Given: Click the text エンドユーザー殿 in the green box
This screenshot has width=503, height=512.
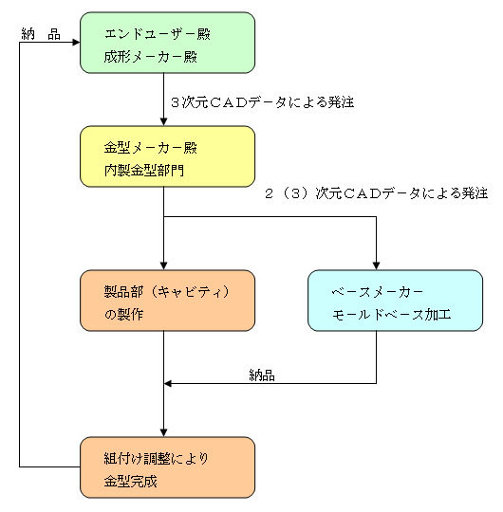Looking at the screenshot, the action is point(158,34).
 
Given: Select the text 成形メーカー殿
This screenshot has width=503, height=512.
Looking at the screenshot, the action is point(151,57).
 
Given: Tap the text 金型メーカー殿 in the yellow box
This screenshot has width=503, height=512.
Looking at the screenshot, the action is point(151,148).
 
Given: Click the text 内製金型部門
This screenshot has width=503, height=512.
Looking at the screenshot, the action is point(144,170).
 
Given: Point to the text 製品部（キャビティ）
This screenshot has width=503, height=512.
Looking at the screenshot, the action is point(167,292).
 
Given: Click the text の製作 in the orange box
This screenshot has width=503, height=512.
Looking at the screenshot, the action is point(124,314).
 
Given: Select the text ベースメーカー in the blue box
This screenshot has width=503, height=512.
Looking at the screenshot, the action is point(377,292).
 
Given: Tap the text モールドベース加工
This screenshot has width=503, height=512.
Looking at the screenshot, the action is point(391,315).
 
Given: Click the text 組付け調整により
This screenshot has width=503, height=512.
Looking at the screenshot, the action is point(157,459).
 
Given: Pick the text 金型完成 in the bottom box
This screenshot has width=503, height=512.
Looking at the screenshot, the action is point(131,481).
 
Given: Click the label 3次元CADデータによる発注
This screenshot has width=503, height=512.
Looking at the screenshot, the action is point(263,102).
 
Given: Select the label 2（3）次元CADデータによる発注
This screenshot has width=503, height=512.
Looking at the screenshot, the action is point(377,193).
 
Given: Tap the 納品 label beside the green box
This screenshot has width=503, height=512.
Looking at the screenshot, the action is point(41,34).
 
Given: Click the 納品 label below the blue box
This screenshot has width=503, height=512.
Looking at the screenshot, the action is point(262,375).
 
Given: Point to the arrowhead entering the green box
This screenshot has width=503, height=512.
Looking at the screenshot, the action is point(76,42).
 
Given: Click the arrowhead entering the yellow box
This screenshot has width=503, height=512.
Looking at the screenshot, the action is point(164,121).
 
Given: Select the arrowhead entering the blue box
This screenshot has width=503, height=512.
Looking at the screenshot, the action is point(376,265).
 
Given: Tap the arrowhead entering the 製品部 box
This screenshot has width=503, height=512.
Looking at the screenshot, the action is point(164,265).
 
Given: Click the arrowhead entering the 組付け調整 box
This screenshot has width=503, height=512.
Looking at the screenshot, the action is point(164,432).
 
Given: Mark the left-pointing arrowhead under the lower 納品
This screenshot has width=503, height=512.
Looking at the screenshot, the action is point(168,383).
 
